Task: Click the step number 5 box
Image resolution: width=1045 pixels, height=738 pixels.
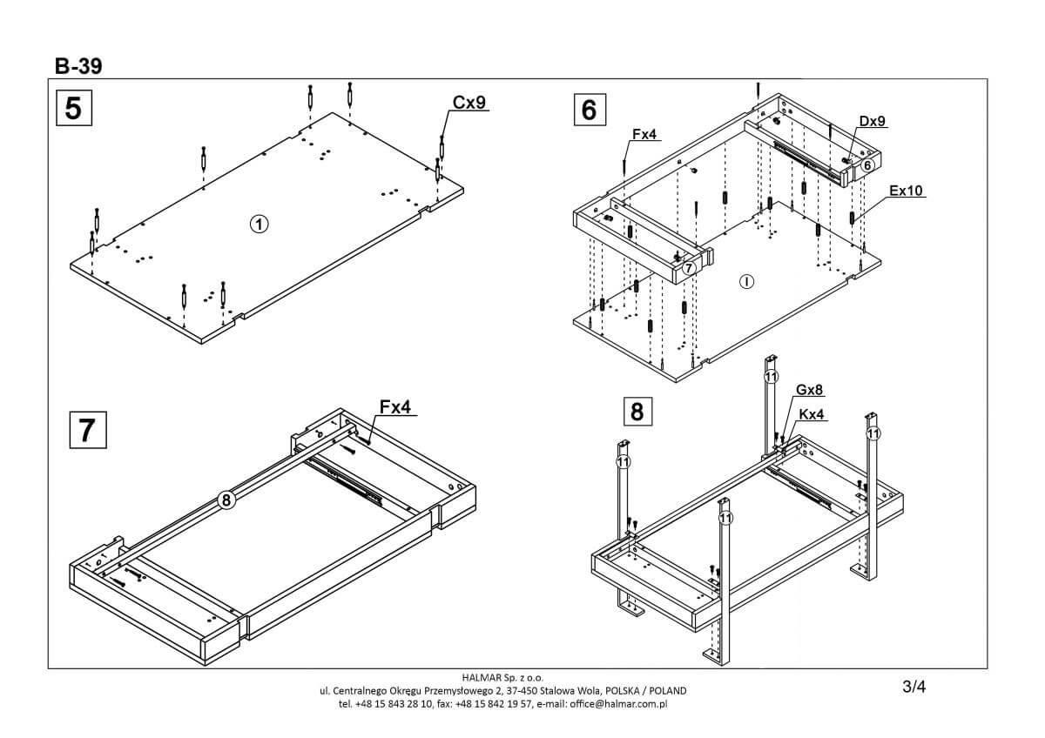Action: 74,108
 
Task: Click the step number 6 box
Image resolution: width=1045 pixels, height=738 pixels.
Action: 589,110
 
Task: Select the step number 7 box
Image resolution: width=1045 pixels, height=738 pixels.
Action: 87,430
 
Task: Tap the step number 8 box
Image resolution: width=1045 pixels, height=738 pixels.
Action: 637,410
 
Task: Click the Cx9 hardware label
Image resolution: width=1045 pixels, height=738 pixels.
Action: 469,102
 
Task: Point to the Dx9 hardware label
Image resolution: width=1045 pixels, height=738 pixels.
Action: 872,121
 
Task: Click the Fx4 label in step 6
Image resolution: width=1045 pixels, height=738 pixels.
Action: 644,134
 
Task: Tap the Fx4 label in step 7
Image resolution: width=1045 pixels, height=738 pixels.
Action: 397,406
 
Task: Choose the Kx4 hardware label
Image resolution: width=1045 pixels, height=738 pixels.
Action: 812,414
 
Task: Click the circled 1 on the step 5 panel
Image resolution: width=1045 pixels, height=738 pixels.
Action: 258,224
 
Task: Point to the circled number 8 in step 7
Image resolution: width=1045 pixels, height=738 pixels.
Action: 226,500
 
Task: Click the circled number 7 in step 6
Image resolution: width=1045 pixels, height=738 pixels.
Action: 689,269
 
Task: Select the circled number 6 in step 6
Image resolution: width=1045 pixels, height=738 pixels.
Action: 867,164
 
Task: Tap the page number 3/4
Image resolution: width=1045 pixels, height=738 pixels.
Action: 914,687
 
